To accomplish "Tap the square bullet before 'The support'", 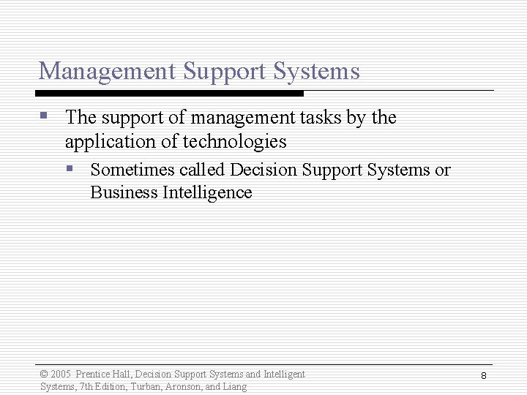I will click(x=45, y=116).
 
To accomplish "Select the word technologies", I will click(x=234, y=141).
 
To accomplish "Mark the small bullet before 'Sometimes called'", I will click(x=70, y=168).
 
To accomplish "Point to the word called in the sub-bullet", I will click(x=202, y=170).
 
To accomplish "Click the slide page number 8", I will click(x=484, y=375).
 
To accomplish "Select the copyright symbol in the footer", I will click(x=44, y=375).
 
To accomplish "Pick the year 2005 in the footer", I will click(x=61, y=375).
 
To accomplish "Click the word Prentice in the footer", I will click(x=93, y=375).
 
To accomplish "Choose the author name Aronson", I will click(x=184, y=386).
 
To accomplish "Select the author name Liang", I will click(x=235, y=386).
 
